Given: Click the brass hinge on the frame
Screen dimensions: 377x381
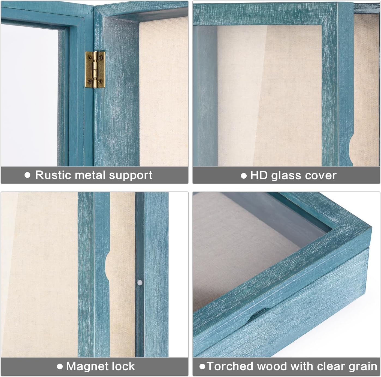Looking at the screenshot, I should [x=95, y=70].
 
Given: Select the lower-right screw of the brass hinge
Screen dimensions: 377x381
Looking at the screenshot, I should [x=101, y=81].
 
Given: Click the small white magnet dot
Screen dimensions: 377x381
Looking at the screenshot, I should [x=140, y=283].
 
